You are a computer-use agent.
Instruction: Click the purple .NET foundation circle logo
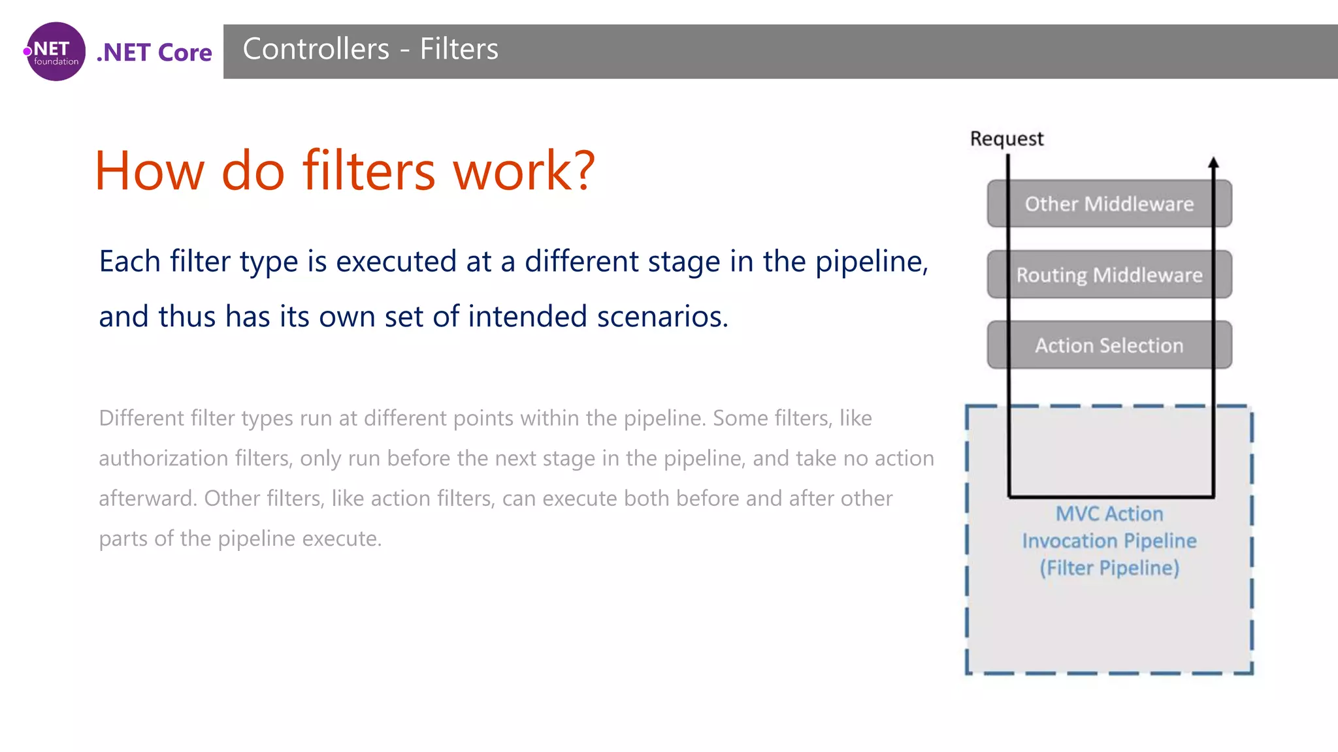tap(56, 52)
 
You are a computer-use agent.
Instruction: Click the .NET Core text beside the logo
tap(154, 52)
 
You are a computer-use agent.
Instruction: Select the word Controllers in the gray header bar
tap(316, 49)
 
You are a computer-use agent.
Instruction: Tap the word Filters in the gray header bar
tap(459, 49)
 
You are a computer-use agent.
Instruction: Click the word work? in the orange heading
tap(524, 171)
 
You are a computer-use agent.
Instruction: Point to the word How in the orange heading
tap(150, 171)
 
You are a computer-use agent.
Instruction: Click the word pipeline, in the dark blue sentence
tap(872, 262)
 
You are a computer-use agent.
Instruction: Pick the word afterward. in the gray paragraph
tap(147, 499)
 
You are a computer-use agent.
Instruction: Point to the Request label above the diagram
tap(1006, 139)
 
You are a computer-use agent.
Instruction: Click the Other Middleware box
tap(1109, 204)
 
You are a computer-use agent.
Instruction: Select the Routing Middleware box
tap(1109, 275)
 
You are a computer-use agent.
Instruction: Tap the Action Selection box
tap(1109, 345)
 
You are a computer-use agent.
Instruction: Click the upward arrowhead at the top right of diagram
tap(1213, 163)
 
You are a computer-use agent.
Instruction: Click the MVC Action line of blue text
tap(1109, 514)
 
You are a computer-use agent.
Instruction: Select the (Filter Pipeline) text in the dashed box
tap(1109, 568)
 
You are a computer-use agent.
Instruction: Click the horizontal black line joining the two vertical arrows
tap(1111, 497)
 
